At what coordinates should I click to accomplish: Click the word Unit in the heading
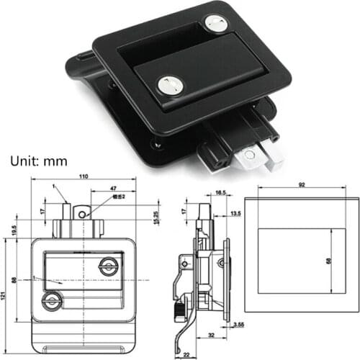pos(22,162)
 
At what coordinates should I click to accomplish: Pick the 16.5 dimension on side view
pos(220,193)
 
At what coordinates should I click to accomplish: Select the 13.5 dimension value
pos(235,214)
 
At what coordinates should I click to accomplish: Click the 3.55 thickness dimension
pos(238,325)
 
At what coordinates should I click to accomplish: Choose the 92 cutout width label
pos(301,185)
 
